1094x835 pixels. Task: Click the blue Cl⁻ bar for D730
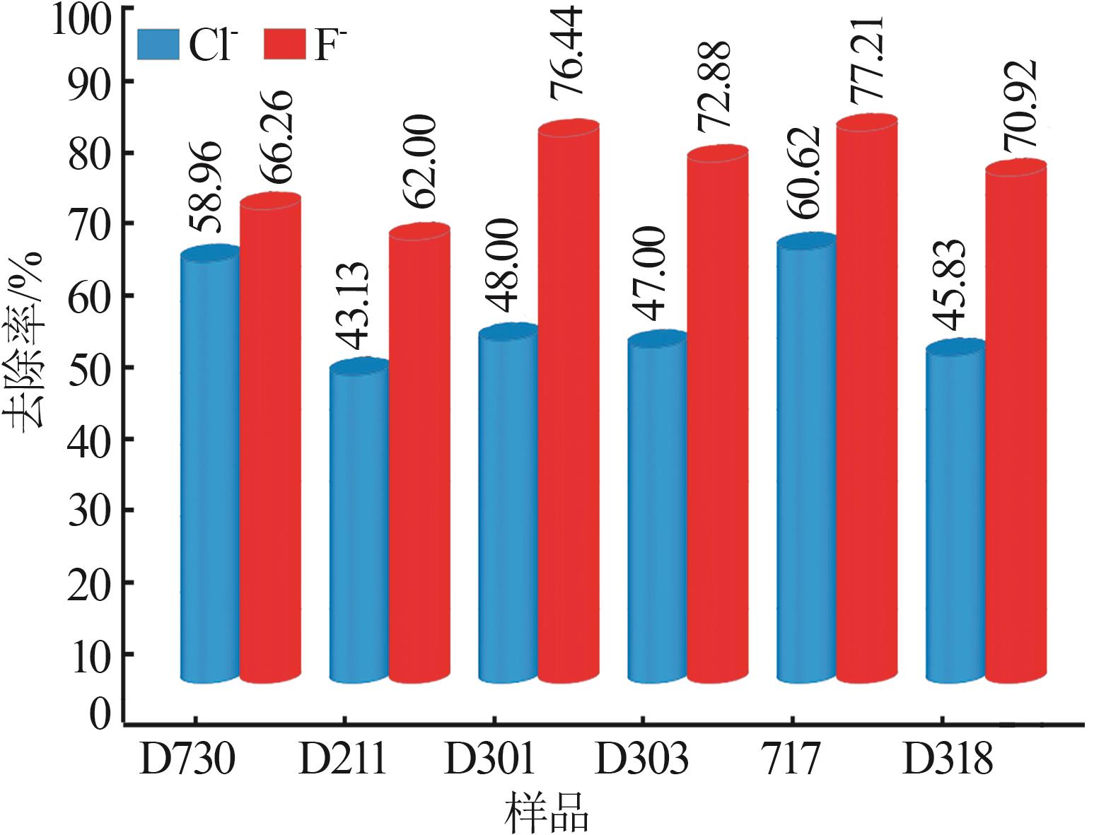tap(210, 467)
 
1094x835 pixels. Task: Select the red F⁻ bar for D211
tap(419, 452)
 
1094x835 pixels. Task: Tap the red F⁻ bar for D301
tap(569, 403)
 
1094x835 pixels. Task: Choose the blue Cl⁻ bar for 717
tap(806, 460)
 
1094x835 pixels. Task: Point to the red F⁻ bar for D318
tap(1016, 424)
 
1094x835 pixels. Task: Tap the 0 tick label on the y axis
tap(100, 714)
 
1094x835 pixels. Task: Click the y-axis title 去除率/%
tap(27, 339)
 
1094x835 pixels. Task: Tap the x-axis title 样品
tap(547, 813)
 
